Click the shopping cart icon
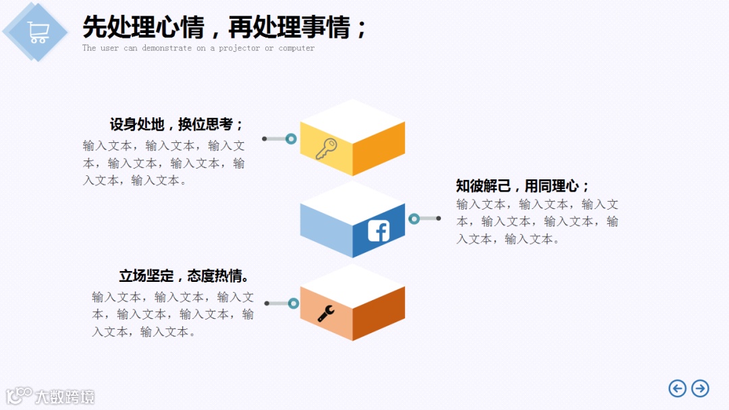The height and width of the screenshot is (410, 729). point(38,32)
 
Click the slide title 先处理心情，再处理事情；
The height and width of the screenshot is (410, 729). point(225,28)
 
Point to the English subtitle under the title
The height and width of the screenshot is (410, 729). point(198,49)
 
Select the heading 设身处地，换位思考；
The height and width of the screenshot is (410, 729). point(177,125)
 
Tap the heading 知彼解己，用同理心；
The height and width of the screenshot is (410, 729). point(523,186)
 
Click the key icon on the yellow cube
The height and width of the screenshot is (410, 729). point(326,148)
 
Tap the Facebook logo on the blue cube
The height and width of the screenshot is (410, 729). point(379,231)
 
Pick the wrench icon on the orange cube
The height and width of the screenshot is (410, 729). point(326,313)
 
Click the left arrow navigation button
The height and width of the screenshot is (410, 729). point(677,388)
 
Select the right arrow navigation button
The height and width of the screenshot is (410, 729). point(700,388)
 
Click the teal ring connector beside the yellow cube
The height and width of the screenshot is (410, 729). point(291,139)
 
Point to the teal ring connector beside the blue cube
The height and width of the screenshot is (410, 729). point(414,218)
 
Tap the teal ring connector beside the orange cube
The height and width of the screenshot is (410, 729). point(293,303)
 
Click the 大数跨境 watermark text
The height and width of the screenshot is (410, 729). point(65,397)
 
